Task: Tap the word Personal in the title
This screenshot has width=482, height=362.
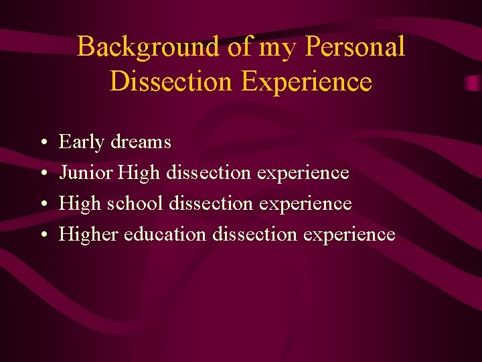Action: tap(355, 47)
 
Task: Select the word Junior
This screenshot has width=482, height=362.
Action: tap(86, 173)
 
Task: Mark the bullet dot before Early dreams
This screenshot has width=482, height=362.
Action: tap(42, 143)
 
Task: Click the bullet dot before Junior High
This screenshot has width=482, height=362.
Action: tap(42, 174)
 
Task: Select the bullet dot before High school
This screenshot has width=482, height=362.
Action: tap(42, 204)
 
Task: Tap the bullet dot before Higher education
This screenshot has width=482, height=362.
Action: tap(42, 235)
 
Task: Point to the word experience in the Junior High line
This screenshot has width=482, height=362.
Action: tap(303, 173)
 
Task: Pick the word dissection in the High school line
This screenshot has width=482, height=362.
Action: tap(210, 203)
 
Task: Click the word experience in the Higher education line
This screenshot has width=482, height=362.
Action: tap(349, 234)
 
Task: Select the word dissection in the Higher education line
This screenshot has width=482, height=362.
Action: tap(254, 234)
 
